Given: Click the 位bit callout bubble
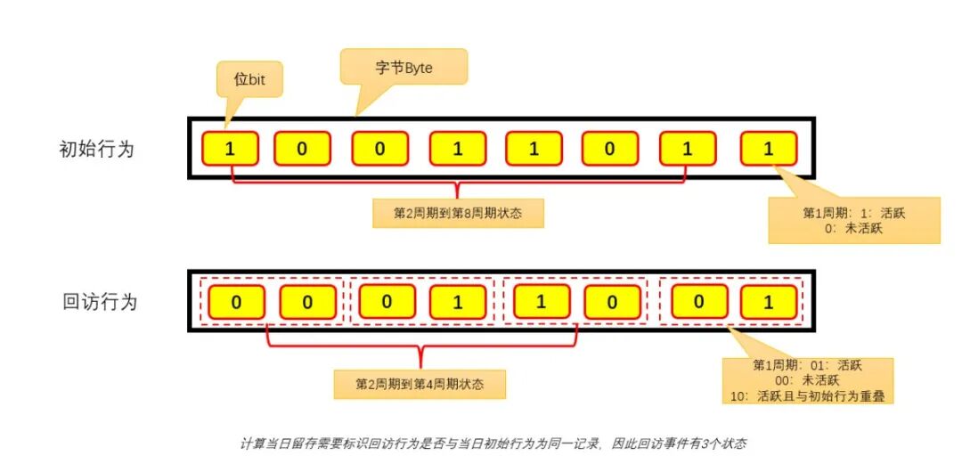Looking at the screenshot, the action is coord(250,79).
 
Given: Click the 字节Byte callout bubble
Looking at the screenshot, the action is coord(404,67).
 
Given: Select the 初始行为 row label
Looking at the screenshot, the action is coord(95,149).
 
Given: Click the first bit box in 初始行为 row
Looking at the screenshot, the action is coord(230,149).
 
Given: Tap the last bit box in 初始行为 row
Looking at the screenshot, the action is coord(769,149).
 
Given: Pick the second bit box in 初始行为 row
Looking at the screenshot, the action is coord(301,149).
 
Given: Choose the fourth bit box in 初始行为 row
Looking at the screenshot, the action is coord(458,149).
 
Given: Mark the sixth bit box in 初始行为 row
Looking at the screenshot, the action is coord(609,149).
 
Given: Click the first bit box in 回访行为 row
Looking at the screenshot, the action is coord(236,302).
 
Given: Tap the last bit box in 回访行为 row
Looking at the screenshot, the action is coord(768,302).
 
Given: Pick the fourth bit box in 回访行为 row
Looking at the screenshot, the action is coord(458,302).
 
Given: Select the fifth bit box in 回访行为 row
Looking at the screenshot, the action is coord(540,302).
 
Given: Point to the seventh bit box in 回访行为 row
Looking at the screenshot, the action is coord(698,302).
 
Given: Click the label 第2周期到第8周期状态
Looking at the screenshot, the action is coord(457,214).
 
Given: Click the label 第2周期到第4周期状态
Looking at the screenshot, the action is coord(420,384).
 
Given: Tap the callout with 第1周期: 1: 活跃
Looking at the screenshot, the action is coord(853,220).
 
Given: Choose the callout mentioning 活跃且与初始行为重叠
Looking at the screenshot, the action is coord(807,380).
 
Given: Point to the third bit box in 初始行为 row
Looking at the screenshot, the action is coord(379,149).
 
